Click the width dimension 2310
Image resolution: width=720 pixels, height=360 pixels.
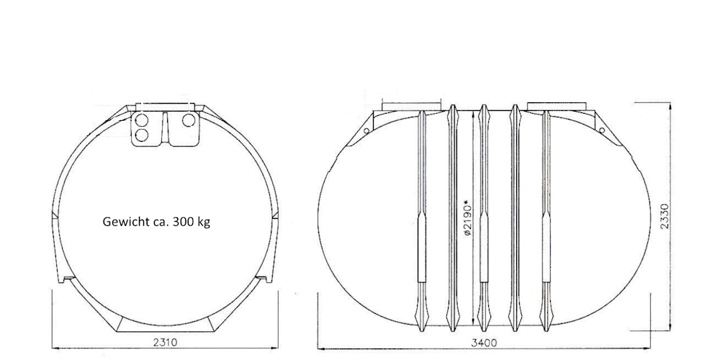[x=165, y=341]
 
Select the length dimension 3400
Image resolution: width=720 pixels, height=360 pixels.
[x=484, y=343]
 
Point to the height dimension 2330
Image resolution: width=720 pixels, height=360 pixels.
[x=665, y=216]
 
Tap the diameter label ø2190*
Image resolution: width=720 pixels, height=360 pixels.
[x=468, y=217]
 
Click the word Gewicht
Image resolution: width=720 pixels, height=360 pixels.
[x=120, y=222]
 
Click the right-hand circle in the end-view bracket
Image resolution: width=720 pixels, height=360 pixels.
[x=189, y=120]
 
